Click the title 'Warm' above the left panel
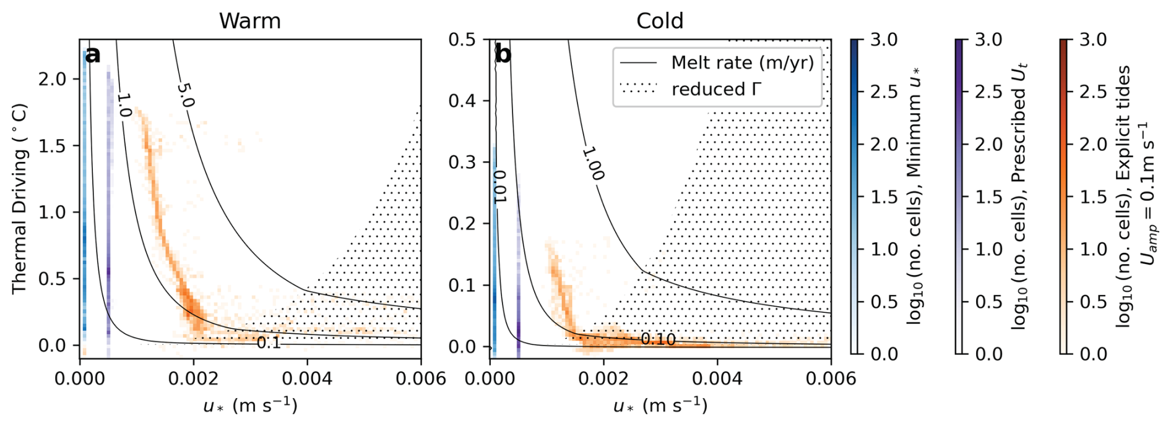(249, 21)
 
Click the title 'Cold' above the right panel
(660, 21)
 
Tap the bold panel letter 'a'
(93, 55)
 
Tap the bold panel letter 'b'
(503, 55)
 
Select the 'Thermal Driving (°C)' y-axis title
(19, 198)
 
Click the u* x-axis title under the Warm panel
(250, 406)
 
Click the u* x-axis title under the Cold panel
(660, 406)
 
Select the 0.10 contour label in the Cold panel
(658, 339)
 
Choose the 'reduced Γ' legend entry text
(716, 90)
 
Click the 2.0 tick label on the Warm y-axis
(52, 79)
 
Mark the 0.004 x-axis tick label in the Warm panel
(307, 378)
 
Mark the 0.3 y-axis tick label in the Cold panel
(462, 162)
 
